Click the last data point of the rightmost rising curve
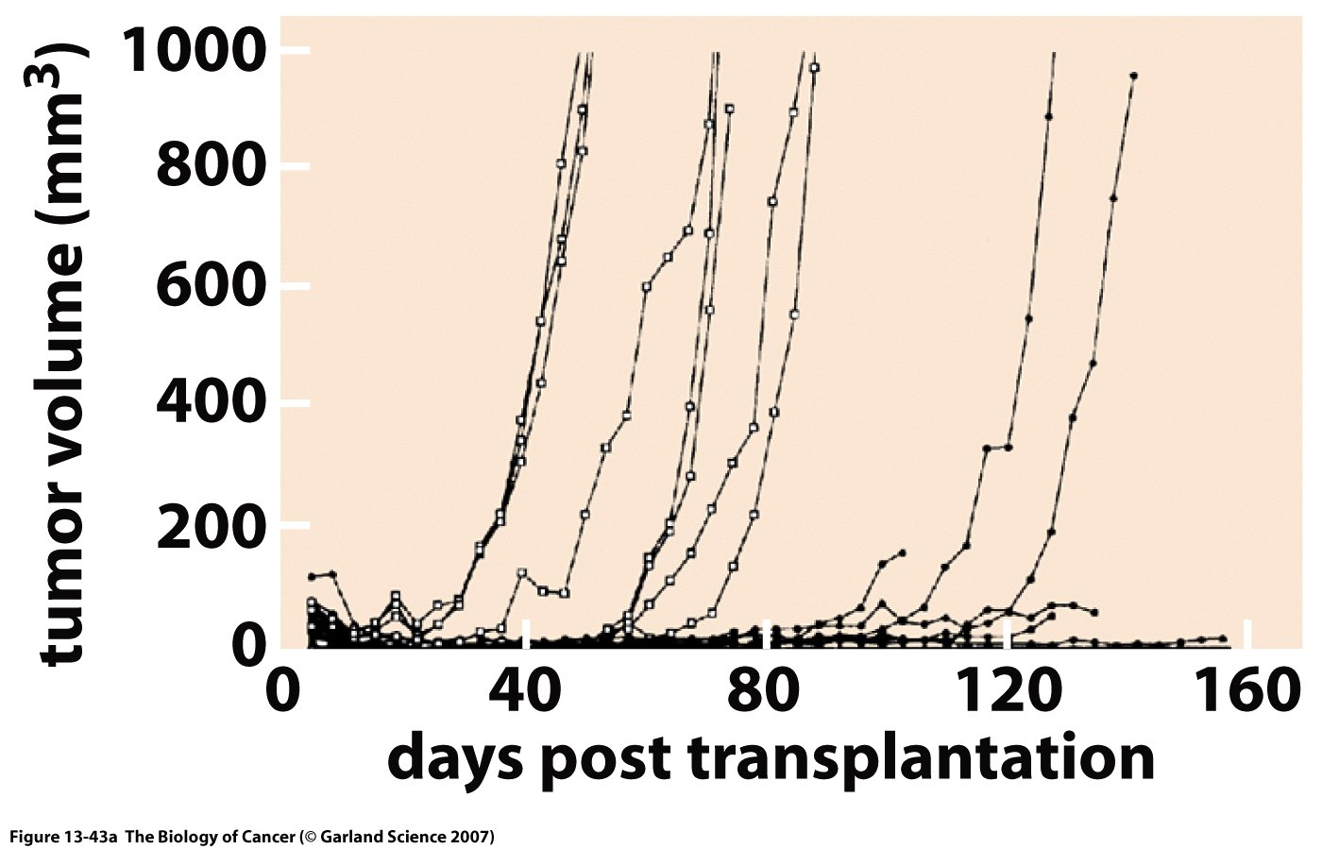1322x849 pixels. pyautogui.click(x=1133, y=76)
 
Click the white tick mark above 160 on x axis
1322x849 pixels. pyautogui.click(x=1247, y=632)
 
